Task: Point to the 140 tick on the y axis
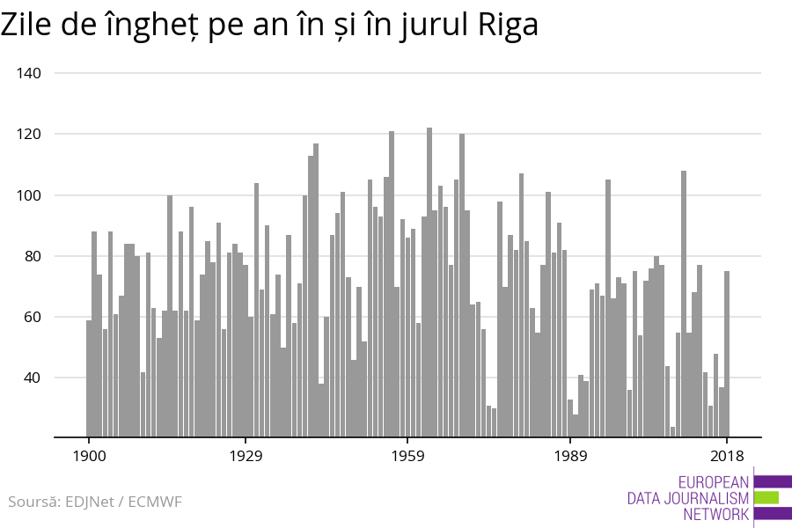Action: (x=30, y=73)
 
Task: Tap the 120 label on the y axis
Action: (x=30, y=134)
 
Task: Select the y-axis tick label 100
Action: (x=30, y=195)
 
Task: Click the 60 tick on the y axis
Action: (x=33, y=317)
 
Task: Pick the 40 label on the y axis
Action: (x=33, y=378)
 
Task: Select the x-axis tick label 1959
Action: (x=407, y=456)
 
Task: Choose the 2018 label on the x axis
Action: (x=727, y=456)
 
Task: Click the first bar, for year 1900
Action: (x=89, y=378)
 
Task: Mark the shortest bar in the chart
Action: (x=672, y=431)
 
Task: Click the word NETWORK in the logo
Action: (x=715, y=515)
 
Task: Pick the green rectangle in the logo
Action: (x=766, y=497)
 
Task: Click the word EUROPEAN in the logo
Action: (x=714, y=482)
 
